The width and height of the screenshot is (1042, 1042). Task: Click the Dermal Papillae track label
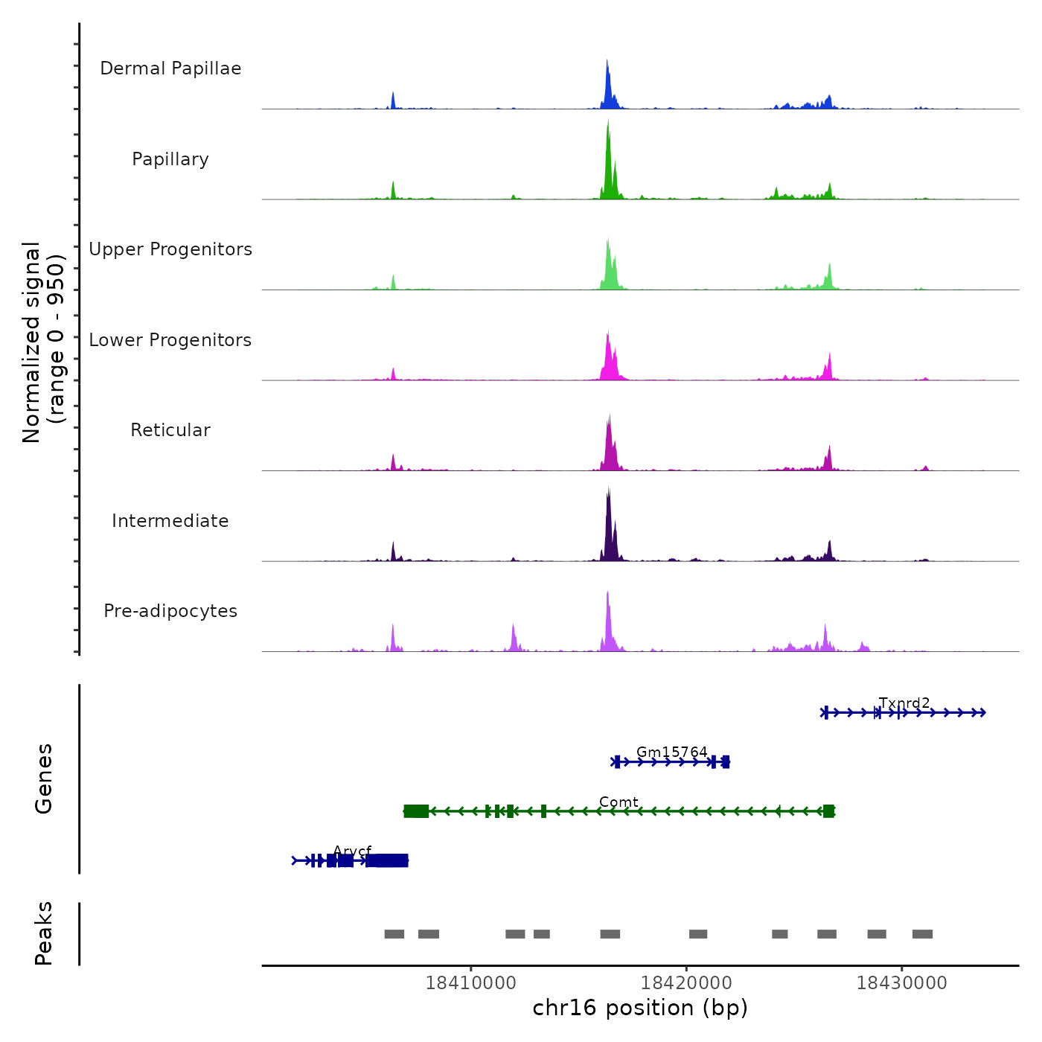pos(170,68)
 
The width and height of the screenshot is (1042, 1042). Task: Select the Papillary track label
pos(170,159)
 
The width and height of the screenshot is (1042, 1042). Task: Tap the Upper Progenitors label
pos(170,249)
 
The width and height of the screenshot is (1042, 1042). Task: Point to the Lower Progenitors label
pos(170,340)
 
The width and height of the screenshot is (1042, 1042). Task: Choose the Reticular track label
pos(170,430)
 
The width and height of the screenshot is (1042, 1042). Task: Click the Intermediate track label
pos(170,521)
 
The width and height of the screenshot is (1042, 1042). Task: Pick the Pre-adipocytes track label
pos(170,611)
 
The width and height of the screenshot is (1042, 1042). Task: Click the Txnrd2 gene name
pos(904,703)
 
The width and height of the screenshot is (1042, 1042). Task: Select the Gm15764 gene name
pos(672,752)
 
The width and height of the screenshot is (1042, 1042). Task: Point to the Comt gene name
pos(619,802)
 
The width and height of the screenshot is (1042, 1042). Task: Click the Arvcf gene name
pos(352,851)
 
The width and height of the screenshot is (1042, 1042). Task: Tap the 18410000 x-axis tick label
pos(470,983)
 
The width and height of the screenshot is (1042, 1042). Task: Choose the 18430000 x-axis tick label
pos(901,983)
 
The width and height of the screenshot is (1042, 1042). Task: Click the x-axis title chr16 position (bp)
pos(640,1008)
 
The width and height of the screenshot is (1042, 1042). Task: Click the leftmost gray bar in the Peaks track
pos(394,934)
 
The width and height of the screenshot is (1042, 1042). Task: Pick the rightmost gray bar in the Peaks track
pos(922,934)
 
